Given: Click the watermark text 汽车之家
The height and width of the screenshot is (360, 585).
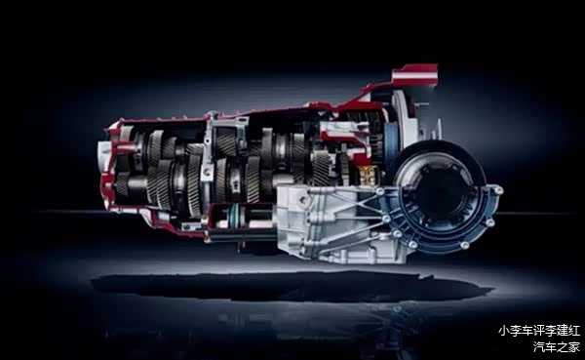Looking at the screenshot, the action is (557, 346).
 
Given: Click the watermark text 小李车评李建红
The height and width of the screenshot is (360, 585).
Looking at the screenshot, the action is (539, 331).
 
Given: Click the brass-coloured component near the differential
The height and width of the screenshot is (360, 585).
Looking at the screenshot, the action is (368, 176).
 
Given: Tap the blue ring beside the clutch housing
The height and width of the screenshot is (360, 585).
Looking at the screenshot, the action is (390, 139).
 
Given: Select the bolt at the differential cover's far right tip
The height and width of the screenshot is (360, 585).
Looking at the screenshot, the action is (498, 190).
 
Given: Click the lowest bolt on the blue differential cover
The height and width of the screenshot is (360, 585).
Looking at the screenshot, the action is (464, 245).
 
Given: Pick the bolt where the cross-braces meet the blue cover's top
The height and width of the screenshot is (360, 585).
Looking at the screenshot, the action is (380, 191).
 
